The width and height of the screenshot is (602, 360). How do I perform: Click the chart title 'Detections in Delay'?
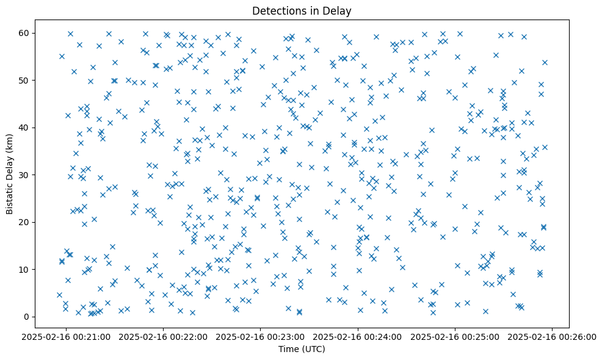(x=302, y=11)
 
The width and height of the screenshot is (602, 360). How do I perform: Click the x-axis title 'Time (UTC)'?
(x=302, y=349)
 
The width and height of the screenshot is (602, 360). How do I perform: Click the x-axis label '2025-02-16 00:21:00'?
(x=66, y=336)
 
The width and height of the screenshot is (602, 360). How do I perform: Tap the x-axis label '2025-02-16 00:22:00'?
(x=164, y=336)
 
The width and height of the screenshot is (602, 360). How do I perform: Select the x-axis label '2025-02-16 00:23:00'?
(x=261, y=336)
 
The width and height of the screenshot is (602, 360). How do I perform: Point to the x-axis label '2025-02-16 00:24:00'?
(x=358, y=336)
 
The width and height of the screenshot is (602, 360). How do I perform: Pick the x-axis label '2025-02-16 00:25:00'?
(x=455, y=336)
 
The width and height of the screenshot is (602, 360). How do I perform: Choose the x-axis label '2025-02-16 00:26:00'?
(x=553, y=336)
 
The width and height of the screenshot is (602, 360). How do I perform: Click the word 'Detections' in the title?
(x=275, y=11)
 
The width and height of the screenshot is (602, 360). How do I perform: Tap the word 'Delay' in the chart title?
(x=339, y=11)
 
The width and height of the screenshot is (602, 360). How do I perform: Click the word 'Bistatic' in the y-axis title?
(x=10, y=198)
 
